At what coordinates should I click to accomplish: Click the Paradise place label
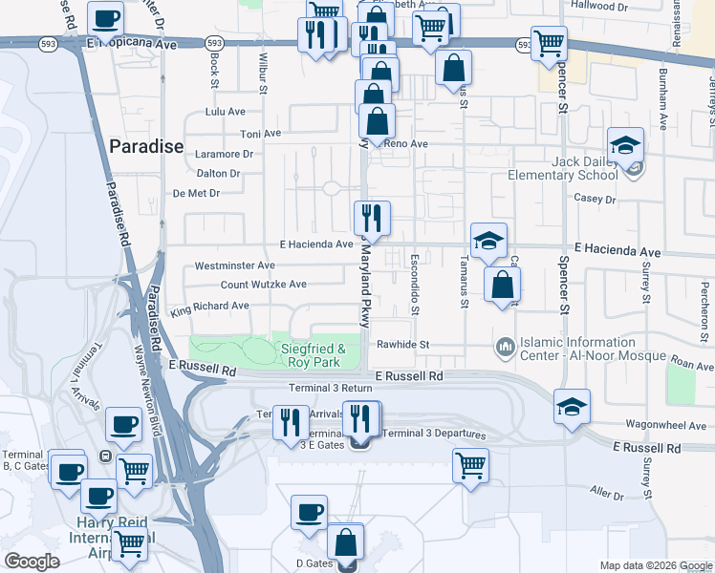(x=145, y=146)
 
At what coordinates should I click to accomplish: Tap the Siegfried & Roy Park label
(x=312, y=356)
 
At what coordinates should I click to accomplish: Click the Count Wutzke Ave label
(x=264, y=285)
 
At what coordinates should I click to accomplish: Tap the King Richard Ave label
(x=209, y=307)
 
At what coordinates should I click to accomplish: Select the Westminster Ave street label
(x=234, y=265)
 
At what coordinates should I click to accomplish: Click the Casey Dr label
(x=594, y=199)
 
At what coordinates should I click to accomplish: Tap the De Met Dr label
(x=197, y=193)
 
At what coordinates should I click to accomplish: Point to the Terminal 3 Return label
(x=330, y=389)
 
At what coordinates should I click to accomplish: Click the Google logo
(x=32, y=562)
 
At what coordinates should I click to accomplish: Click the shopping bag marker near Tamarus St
(x=453, y=68)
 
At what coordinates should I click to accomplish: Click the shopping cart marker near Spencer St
(x=549, y=43)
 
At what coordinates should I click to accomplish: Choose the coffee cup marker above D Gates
(x=309, y=513)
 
